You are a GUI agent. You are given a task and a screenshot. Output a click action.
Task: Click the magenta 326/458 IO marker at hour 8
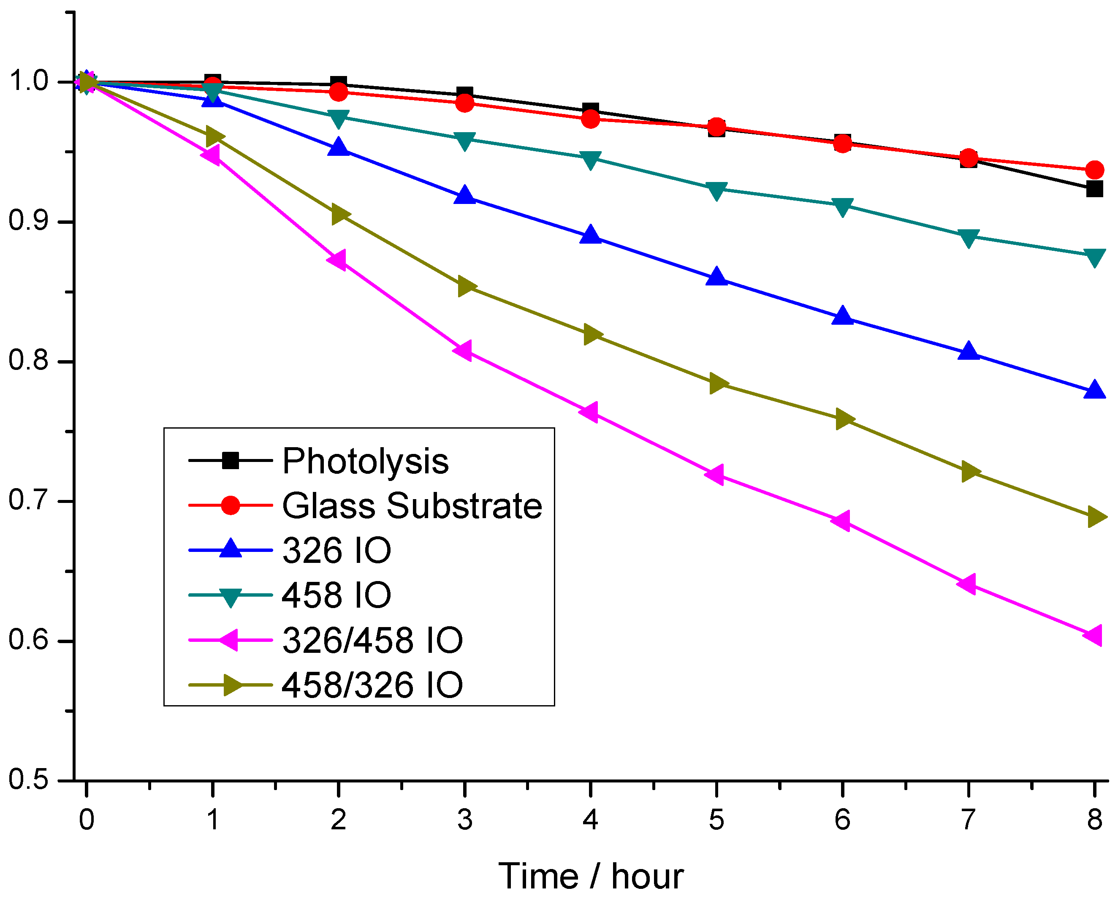tap(1093, 635)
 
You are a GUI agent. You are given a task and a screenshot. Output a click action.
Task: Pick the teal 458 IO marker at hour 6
tap(843, 206)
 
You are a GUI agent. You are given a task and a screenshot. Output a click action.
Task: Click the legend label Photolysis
tap(366, 461)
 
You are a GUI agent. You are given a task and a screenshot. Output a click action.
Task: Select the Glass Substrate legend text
tap(412, 505)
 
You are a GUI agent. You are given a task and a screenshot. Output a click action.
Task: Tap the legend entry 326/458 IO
tap(372, 640)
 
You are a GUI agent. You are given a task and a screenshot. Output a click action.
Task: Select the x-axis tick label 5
tap(716, 820)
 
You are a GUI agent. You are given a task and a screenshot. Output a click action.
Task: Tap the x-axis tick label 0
tap(87, 820)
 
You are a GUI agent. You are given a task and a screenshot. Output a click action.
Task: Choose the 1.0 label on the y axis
tap(29, 81)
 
